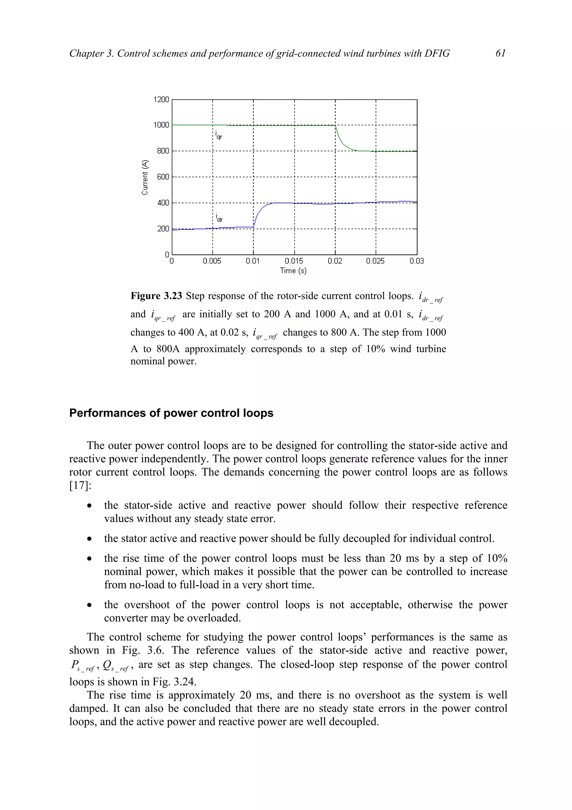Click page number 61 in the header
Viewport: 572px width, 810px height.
pyautogui.click(x=500, y=53)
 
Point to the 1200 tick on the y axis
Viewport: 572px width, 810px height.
pyautogui.click(x=161, y=100)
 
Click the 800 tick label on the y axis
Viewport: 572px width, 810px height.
pyautogui.click(x=163, y=151)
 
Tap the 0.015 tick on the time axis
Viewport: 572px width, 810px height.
pyautogui.click(x=294, y=261)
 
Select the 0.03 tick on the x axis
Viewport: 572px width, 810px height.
pyautogui.click(x=417, y=261)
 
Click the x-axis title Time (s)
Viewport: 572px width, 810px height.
pyautogui.click(x=293, y=271)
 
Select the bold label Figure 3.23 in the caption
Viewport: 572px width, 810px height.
pyautogui.click(x=156, y=296)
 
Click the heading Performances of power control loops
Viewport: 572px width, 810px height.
pyautogui.click(x=171, y=413)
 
